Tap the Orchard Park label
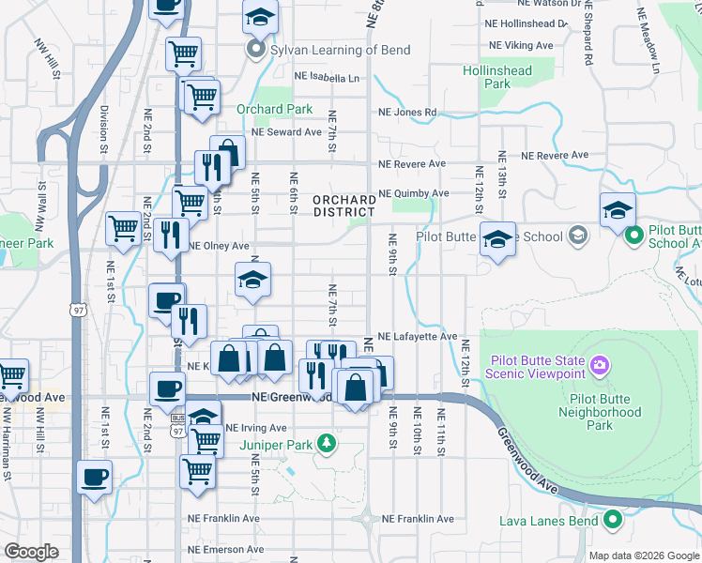coord(274,109)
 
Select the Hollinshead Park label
coord(496,77)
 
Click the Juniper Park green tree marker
coord(325,441)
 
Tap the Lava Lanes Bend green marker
coord(613,518)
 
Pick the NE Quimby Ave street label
coord(413,194)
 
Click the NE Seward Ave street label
coord(286,132)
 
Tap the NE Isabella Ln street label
coord(328,78)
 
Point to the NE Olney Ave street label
coord(220,246)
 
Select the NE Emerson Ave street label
coord(225,550)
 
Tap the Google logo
coord(32,552)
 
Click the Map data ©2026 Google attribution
coord(643,555)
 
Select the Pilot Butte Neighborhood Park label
coord(599,412)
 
